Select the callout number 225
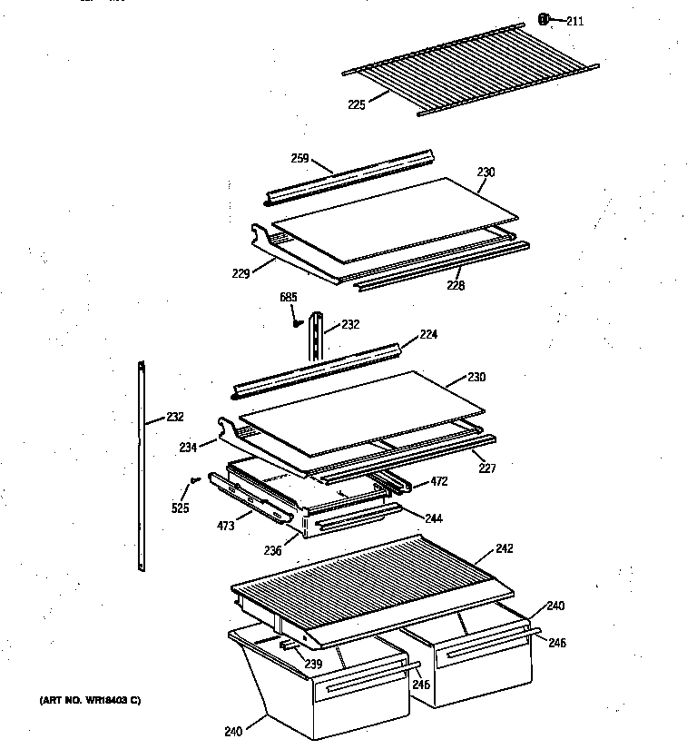(356, 105)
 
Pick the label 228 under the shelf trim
(456, 285)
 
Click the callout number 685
(289, 297)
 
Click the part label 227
(488, 469)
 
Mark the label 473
(225, 525)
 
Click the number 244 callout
(435, 518)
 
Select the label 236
(272, 551)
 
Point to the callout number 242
(505, 548)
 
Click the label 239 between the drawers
(313, 665)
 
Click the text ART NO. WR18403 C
(90, 700)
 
